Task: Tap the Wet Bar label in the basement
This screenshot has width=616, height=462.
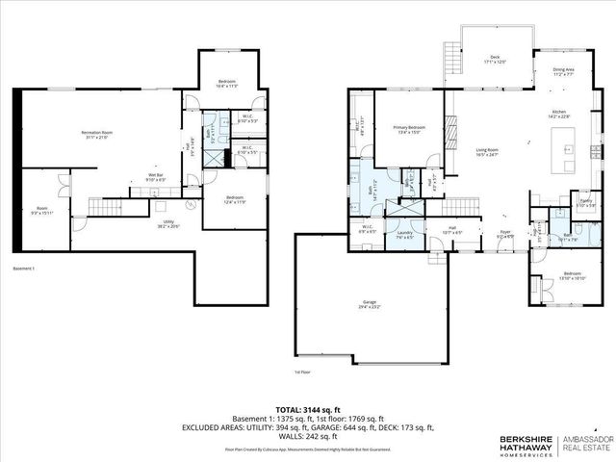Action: [x=156, y=177]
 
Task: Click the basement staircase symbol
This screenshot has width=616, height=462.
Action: [x=103, y=207]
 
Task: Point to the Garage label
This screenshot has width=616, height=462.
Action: [x=370, y=304]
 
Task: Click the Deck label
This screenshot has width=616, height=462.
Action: [x=495, y=59]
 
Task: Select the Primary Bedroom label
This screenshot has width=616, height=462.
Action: [x=410, y=129]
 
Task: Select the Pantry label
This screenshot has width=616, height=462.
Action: [x=585, y=203]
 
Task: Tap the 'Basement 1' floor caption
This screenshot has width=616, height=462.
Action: [x=24, y=268]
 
